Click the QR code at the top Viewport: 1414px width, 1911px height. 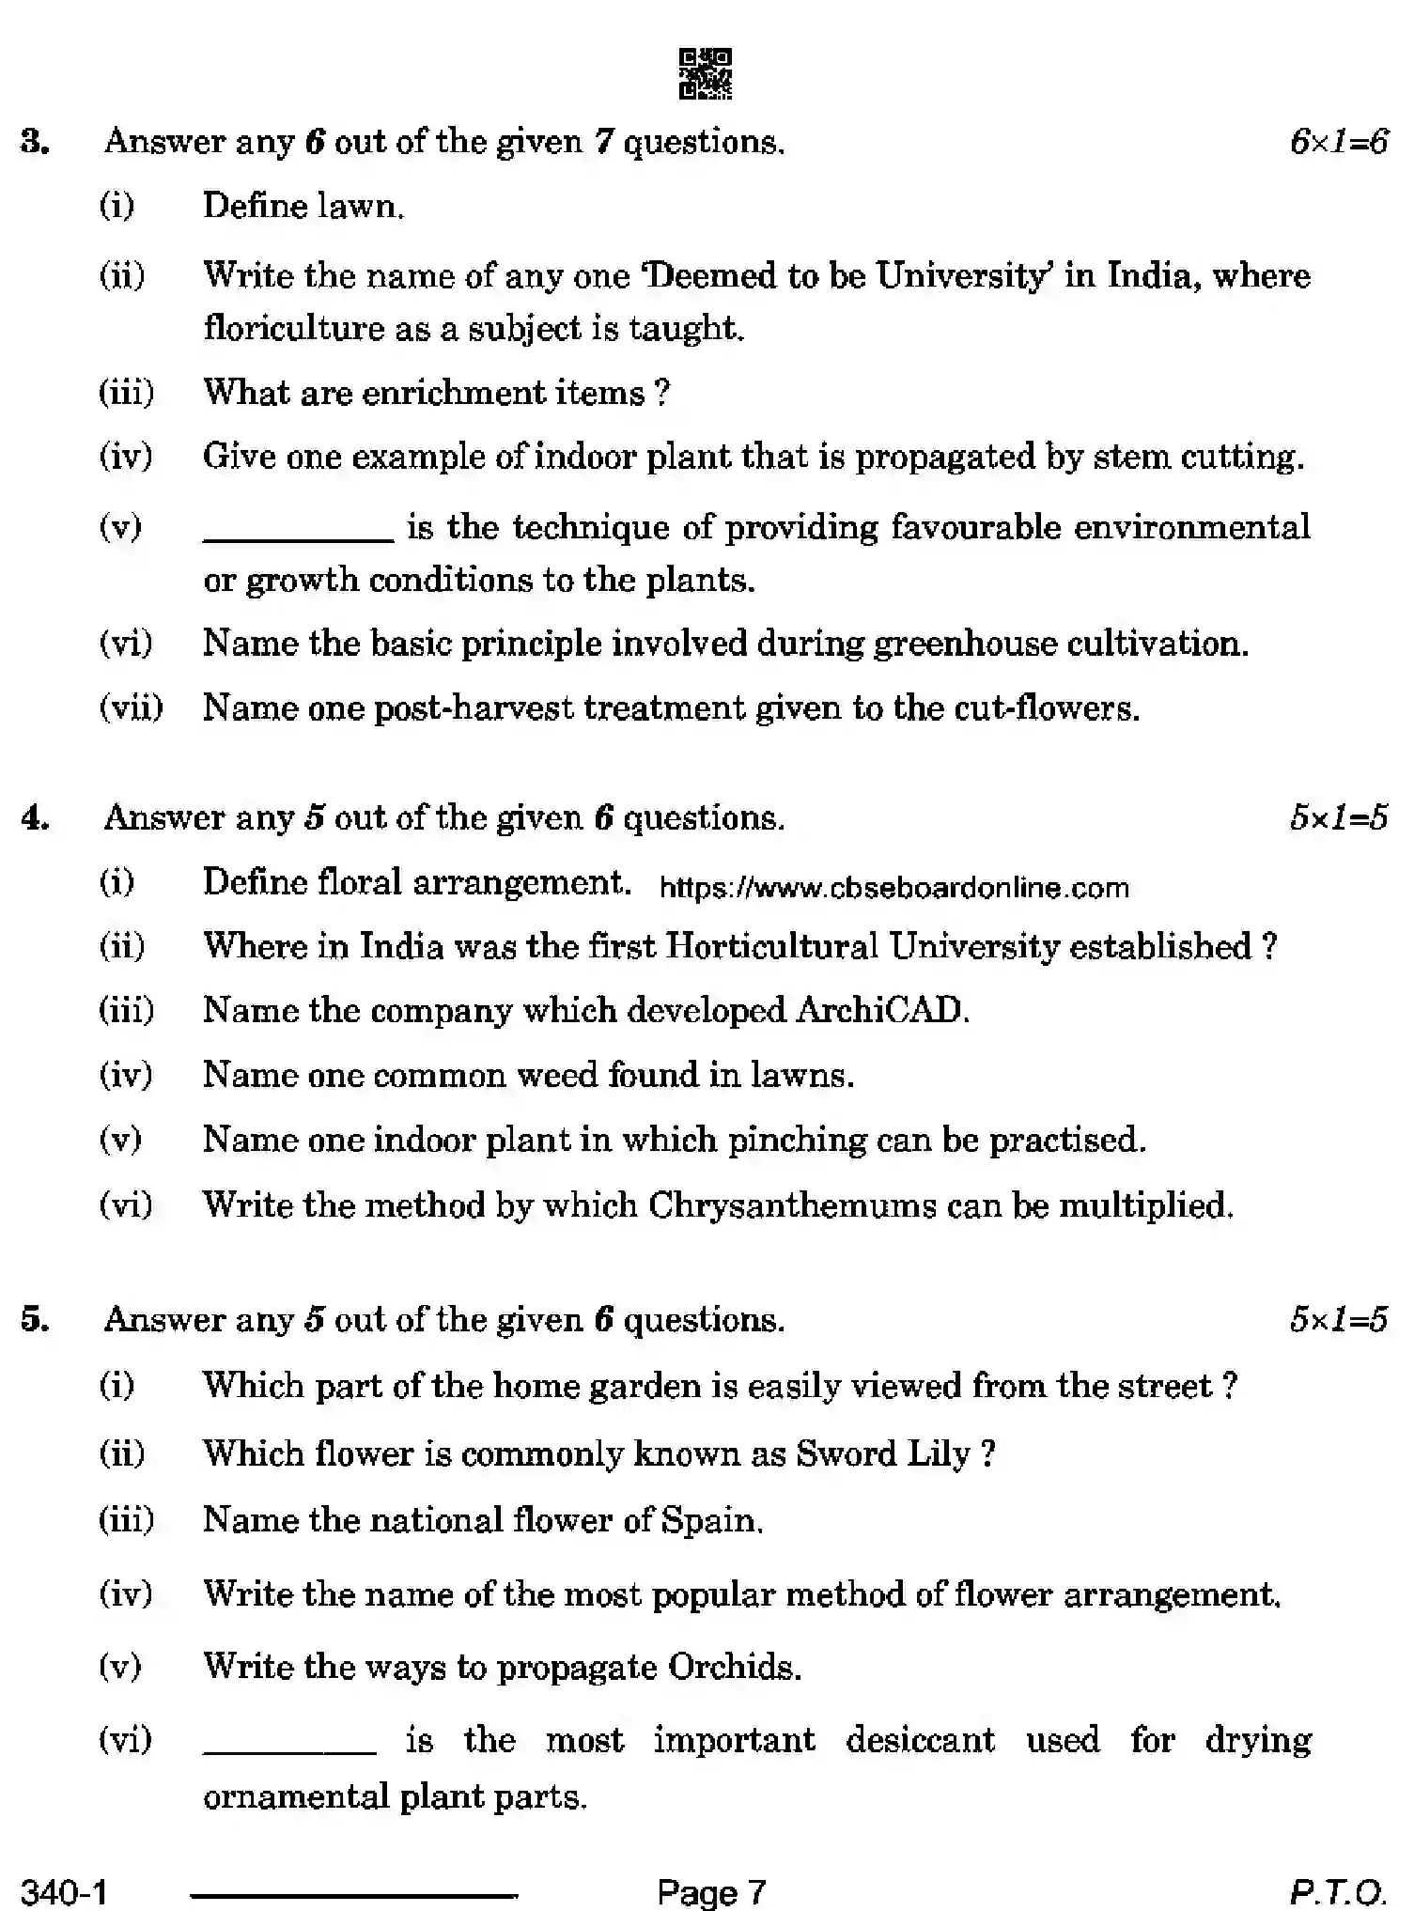tap(705, 74)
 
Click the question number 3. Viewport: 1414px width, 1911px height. tap(35, 143)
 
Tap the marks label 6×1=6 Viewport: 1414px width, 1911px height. tap(1338, 143)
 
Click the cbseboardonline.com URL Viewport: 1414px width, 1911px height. tap(893, 888)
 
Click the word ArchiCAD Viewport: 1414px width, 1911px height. tap(881, 1010)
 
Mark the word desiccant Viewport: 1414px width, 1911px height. tap(920, 1740)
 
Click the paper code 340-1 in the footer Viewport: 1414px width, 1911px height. tap(64, 1890)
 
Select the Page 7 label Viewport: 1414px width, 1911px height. tap(711, 1890)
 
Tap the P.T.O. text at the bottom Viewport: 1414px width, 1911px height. tap(1338, 1890)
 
